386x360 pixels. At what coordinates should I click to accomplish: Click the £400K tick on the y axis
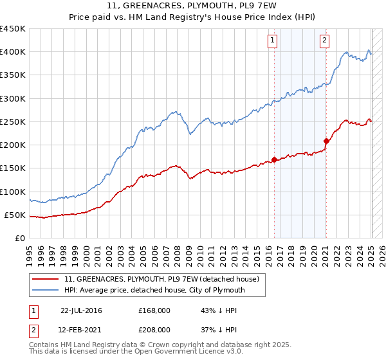pyautogui.click(x=12, y=52)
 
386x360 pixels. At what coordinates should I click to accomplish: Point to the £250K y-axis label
pyautogui.click(x=12, y=122)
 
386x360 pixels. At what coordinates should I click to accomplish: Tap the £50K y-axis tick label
pyautogui.click(x=15, y=215)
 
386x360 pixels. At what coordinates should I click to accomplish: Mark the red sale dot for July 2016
pyautogui.click(x=274, y=159)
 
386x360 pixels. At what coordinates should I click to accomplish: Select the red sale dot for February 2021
pyautogui.click(x=326, y=141)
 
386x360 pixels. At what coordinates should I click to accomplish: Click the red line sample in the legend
pyautogui.click(x=46, y=279)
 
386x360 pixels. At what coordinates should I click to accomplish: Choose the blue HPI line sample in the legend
pyautogui.click(x=46, y=291)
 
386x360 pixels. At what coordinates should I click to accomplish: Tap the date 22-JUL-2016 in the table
pyautogui.click(x=81, y=310)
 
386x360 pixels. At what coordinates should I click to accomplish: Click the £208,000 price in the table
pyautogui.click(x=154, y=329)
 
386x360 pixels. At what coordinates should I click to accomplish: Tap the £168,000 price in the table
pyautogui.click(x=154, y=310)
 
